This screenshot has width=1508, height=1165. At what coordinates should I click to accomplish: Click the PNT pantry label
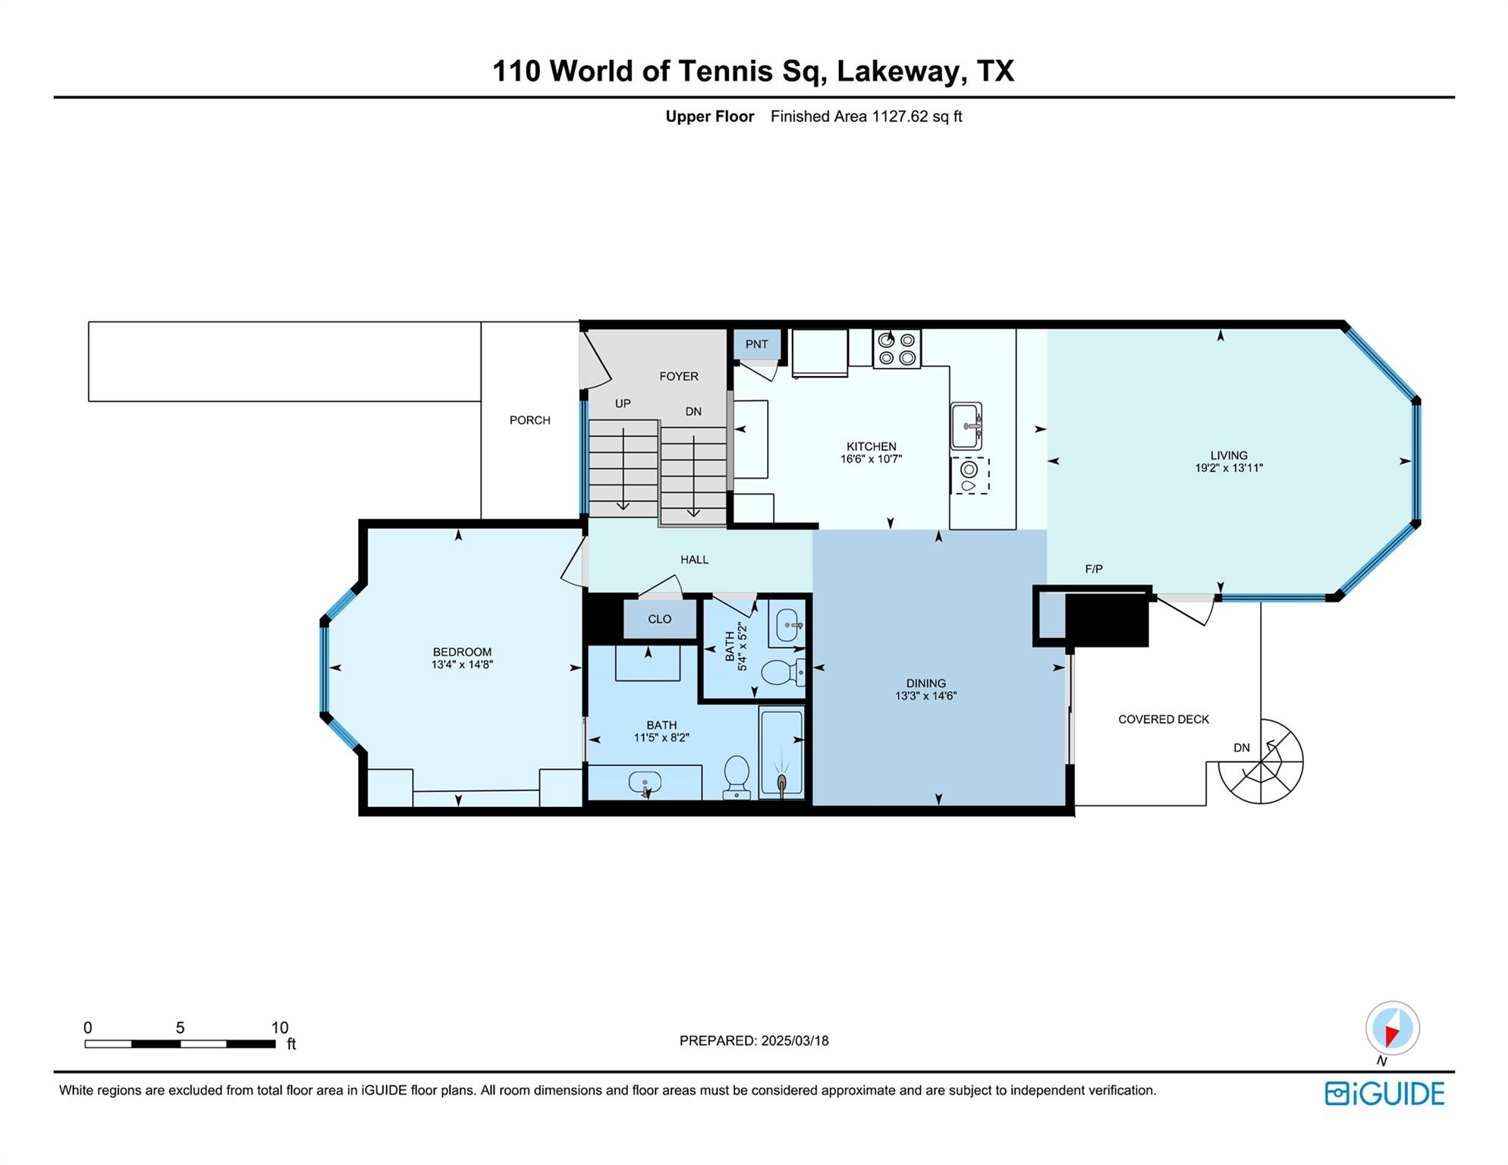click(x=756, y=344)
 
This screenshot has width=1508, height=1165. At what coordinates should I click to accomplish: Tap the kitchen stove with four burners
click(x=897, y=349)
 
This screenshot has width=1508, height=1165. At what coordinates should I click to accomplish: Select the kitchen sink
click(x=966, y=426)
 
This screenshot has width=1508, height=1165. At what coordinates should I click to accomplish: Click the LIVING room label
click(x=1229, y=456)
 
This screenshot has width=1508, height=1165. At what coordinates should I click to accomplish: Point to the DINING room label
click(x=925, y=683)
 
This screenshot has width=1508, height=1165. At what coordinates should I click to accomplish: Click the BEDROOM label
click(x=462, y=652)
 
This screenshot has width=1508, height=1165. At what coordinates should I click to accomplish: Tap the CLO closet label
click(x=659, y=619)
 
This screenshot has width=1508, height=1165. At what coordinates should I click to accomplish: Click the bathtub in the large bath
click(x=781, y=752)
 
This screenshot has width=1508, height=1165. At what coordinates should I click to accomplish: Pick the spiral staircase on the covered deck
click(x=1261, y=761)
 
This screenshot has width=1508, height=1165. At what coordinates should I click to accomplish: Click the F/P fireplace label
click(x=1094, y=569)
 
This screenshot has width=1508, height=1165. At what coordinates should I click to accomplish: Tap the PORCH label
click(x=529, y=420)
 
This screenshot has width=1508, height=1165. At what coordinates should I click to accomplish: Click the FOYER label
click(x=678, y=376)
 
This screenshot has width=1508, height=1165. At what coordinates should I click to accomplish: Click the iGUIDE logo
click(x=1384, y=1094)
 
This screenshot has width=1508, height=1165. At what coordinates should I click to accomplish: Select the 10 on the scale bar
click(x=280, y=1028)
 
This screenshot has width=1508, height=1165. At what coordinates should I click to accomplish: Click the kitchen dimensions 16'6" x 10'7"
click(x=871, y=459)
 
